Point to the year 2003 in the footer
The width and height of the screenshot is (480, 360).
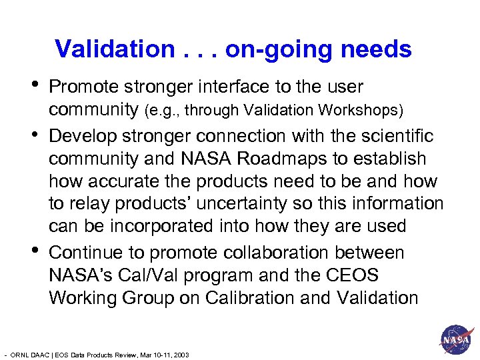click(x=181, y=355)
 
